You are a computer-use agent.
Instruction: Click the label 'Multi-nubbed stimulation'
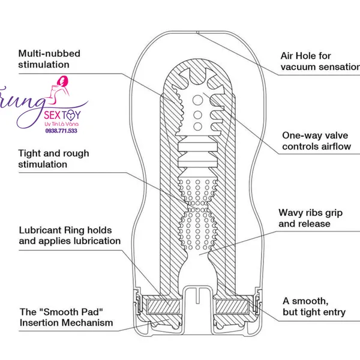[49, 59]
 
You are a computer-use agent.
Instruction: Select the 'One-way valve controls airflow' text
[314, 140]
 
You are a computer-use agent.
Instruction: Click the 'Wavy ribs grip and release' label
[313, 218]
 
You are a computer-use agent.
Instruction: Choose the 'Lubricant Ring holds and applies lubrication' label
[70, 235]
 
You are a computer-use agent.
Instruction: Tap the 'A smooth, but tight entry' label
[314, 306]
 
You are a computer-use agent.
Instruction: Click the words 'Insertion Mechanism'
[66, 323]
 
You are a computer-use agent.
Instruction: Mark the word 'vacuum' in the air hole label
[297, 67]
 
